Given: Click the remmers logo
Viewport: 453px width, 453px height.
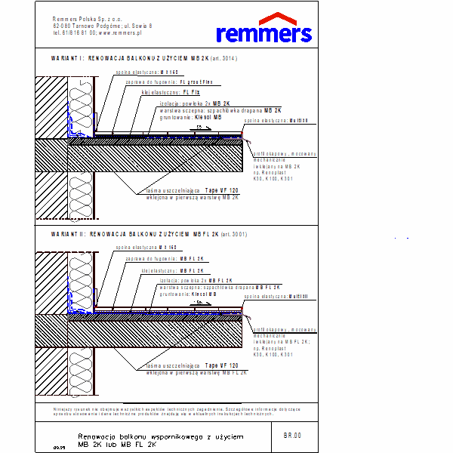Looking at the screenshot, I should point(263,32).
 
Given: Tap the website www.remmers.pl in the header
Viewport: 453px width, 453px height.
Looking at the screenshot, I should point(121,33).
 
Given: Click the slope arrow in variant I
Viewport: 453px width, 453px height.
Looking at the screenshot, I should point(201,128).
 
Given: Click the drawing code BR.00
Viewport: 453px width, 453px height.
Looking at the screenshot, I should point(292,435).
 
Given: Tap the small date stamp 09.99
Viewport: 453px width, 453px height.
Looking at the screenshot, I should point(59,448).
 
